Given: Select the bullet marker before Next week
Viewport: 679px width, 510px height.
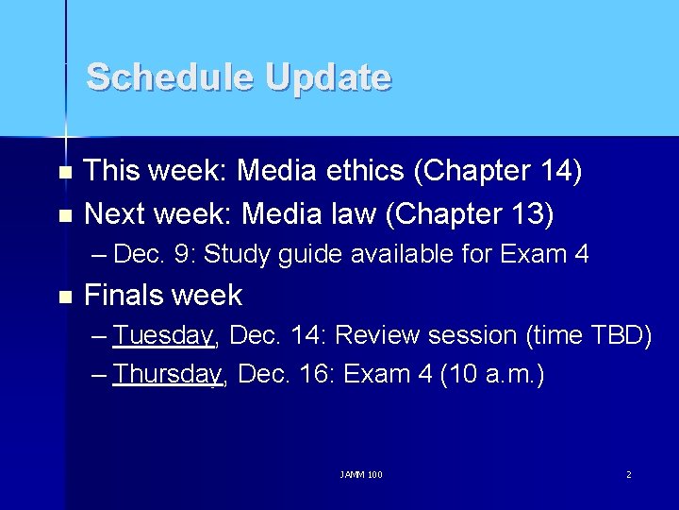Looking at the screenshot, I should click(x=64, y=215).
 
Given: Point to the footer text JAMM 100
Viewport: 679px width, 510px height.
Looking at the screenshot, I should click(x=361, y=474).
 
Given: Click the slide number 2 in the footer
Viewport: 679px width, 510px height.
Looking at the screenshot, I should click(x=629, y=474).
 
